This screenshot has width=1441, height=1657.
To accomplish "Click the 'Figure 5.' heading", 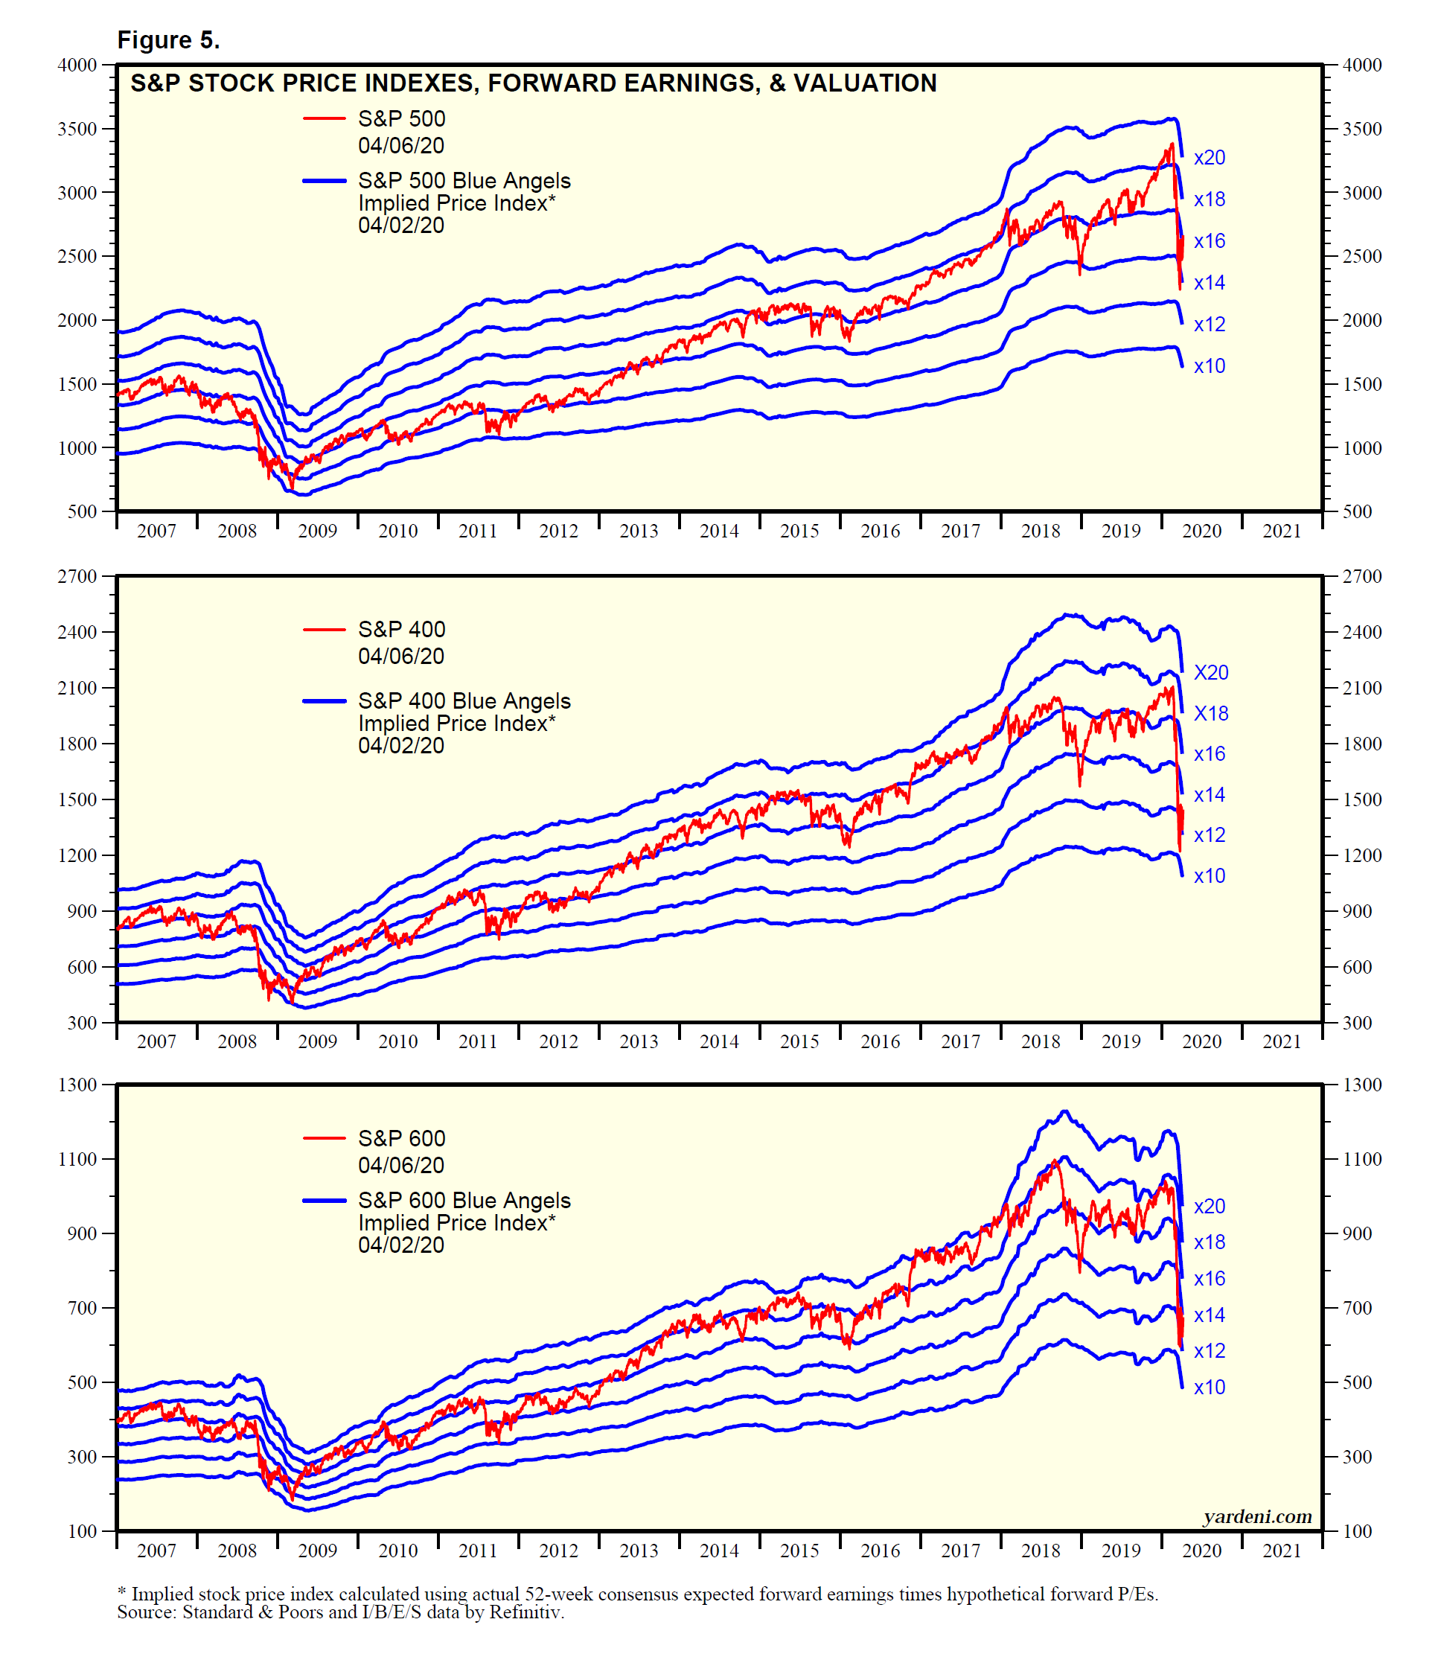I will click(x=168, y=40).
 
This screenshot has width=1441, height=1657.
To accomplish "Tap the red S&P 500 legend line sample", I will click(x=324, y=119).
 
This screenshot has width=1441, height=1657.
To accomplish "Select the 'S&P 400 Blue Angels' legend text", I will click(x=464, y=701).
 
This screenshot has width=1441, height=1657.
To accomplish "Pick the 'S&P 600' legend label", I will click(x=401, y=1138).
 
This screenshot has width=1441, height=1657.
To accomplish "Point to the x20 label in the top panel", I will click(x=1209, y=159).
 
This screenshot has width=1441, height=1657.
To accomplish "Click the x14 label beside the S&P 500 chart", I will click(x=1209, y=283).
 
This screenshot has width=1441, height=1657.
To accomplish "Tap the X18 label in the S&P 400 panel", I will click(x=1210, y=713).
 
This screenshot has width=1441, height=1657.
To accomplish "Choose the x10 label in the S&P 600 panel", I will click(x=1209, y=1387).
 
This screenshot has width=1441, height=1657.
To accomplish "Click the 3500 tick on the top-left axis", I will click(x=77, y=129).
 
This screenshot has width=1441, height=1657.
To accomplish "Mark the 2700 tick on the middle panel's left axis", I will click(x=77, y=576).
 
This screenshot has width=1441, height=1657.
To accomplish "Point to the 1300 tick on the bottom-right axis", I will click(x=1362, y=1085).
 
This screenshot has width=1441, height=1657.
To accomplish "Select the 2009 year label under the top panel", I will click(x=317, y=531).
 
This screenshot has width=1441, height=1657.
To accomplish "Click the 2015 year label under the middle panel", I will click(x=799, y=1042).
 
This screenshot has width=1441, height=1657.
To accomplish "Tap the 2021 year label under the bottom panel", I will click(x=1282, y=1551).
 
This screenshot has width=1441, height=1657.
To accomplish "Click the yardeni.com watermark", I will click(x=1257, y=1516).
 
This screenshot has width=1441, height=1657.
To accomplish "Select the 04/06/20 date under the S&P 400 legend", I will click(x=401, y=657).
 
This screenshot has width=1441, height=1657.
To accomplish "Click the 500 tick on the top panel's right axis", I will click(x=1358, y=511).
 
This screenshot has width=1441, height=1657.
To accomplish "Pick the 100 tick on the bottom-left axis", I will click(x=82, y=1532).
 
